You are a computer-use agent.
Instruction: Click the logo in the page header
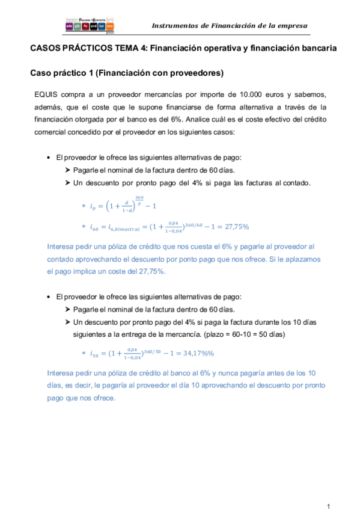click(90, 24)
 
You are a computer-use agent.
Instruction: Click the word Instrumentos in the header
click(175, 26)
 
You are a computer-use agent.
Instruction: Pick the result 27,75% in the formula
click(231, 227)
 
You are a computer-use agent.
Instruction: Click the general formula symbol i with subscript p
click(92, 206)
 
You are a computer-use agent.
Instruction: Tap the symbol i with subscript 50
click(93, 354)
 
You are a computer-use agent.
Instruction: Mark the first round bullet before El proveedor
click(48, 158)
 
